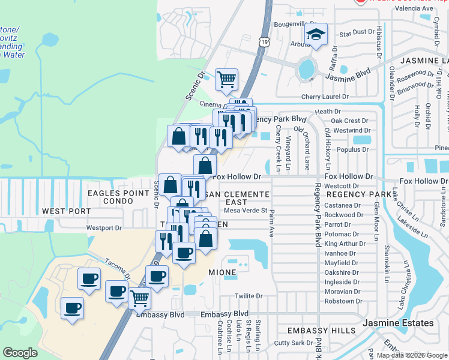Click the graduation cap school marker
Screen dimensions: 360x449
click(x=316, y=35)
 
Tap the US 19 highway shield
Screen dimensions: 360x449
click(x=265, y=41)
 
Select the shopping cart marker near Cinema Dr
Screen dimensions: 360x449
click(x=226, y=79)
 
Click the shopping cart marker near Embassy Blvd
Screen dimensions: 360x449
click(x=139, y=297)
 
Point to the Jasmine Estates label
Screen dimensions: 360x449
click(x=398, y=323)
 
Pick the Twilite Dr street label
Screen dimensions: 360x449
click(x=249, y=296)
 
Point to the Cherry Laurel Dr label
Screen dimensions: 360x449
click(x=325, y=96)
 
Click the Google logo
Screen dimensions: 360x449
click(x=20, y=353)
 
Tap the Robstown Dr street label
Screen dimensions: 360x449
click(x=343, y=301)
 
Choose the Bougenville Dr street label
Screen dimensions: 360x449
click(x=294, y=25)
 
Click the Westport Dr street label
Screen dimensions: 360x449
click(x=104, y=228)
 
